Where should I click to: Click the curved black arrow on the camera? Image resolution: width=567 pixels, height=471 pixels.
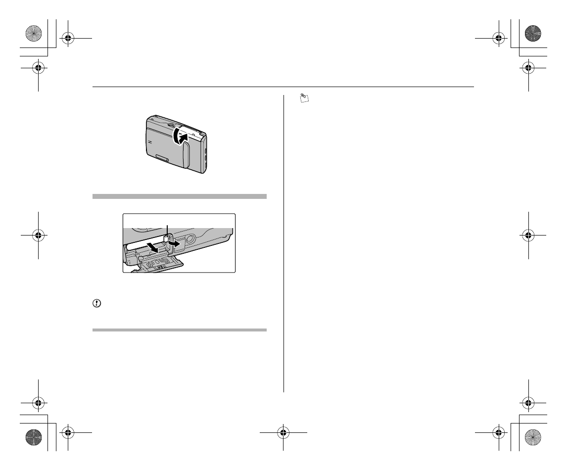[x=180, y=136]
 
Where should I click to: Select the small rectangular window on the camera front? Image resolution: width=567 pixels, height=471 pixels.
[x=161, y=158]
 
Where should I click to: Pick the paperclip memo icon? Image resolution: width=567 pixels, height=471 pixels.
[x=304, y=99]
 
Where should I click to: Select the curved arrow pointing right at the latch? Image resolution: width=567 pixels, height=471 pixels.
[x=173, y=244]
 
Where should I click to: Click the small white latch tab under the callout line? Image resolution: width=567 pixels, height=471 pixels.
[x=167, y=238]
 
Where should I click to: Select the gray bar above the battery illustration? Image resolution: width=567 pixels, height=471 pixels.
[x=180, y=196]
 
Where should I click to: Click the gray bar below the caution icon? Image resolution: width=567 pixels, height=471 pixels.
[x=180, y=330]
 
